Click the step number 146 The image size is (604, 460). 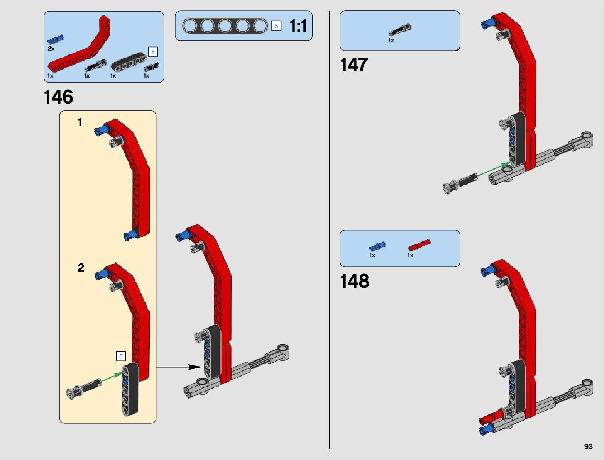pos(58,97)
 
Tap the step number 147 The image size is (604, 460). pos(354,65)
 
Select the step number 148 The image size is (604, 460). pos(354,281)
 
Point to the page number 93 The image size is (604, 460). pos(588,446)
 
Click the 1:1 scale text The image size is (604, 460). pos(298,26)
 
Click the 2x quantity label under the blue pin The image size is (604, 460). pos(51,48)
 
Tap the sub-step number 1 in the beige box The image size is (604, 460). pos(80,122)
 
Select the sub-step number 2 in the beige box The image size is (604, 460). pos(81,268)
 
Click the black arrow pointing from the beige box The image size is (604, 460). pos(179,367)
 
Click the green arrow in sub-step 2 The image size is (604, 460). pos(112,376)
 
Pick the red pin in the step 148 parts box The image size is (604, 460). pos(418,245)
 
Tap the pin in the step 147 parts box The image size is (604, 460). pos(400,30)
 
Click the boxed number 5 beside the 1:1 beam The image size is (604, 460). pos(276,26)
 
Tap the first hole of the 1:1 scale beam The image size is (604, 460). pos(190,26)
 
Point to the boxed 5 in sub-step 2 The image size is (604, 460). pos(121,356)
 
